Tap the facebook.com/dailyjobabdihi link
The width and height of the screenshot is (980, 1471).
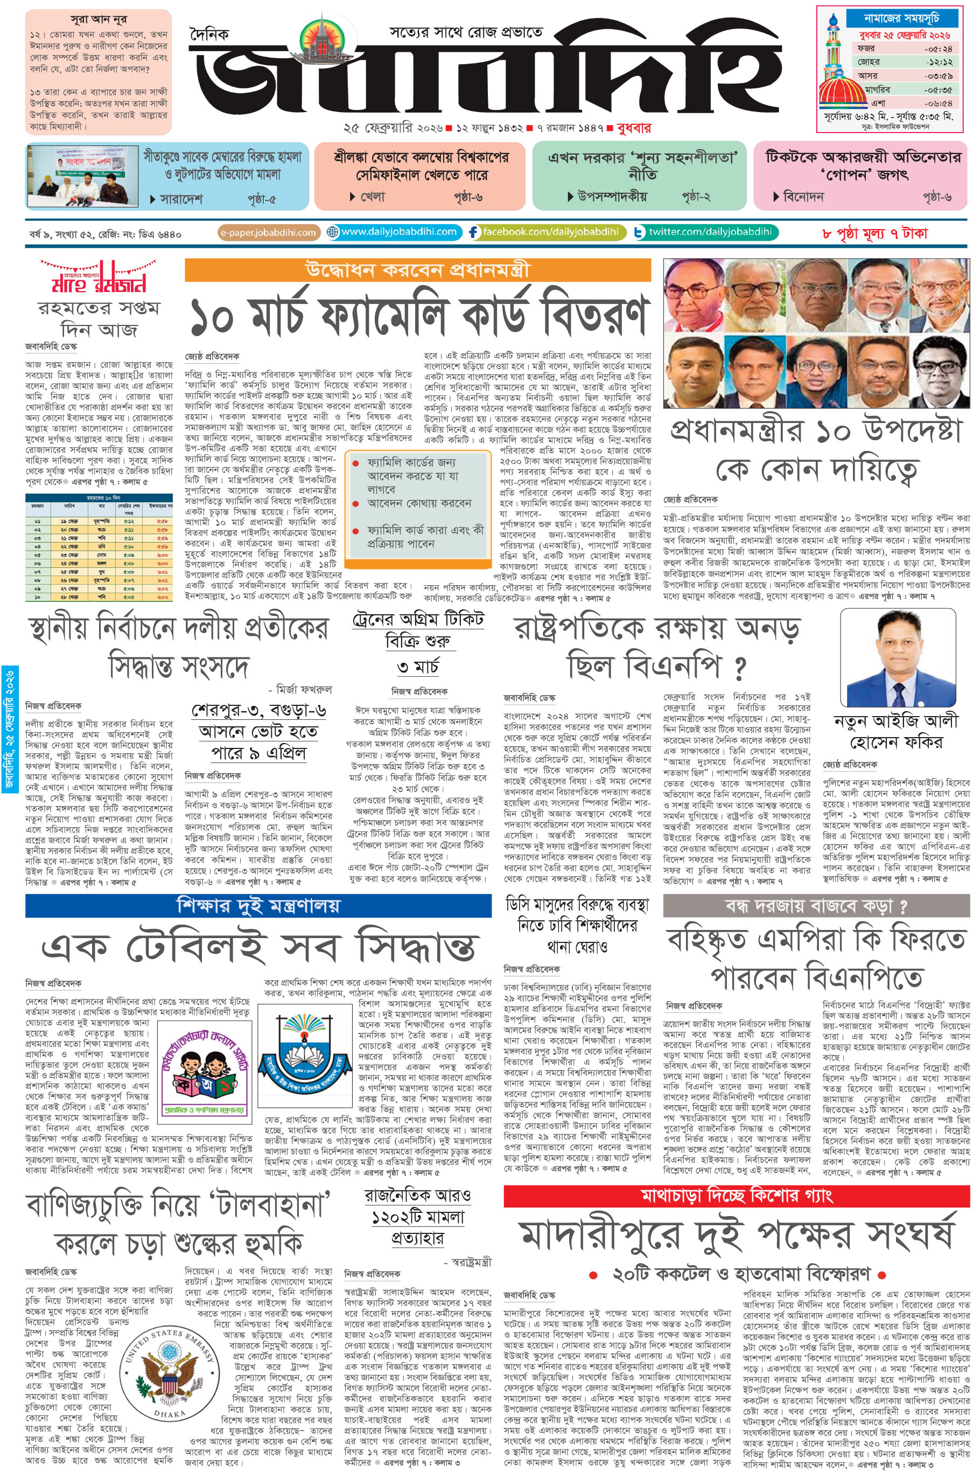545,232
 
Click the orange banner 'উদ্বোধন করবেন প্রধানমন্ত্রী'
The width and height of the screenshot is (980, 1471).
417,269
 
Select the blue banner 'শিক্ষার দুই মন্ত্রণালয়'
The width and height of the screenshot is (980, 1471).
258,905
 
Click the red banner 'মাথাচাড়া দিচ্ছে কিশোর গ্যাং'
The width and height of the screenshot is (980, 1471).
736,1195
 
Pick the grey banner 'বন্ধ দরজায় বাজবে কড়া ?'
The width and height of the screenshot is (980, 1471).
816,905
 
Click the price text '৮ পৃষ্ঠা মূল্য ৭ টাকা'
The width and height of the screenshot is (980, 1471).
874,233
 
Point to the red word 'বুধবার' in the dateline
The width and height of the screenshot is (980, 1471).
634,128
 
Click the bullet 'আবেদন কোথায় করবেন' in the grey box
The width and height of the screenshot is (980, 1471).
419,503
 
